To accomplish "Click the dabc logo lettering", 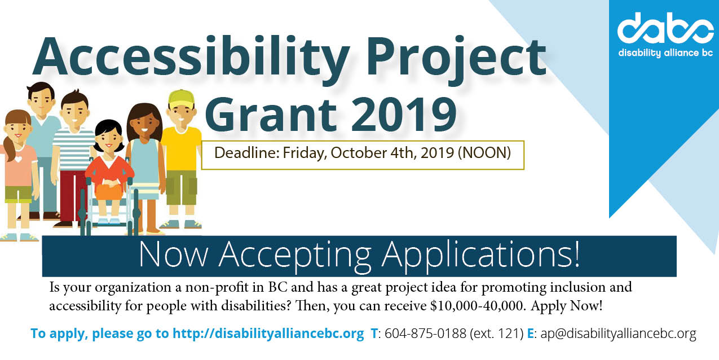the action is [665, 28].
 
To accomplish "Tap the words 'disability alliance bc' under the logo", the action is [665, 53].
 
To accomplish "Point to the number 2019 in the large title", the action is [404, 115].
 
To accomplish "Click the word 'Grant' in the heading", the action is [271, 115].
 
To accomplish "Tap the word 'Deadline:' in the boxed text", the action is [247, 153].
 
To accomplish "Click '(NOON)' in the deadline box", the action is [484, 153].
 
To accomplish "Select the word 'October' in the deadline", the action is [359, 153].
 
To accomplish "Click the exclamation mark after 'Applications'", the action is [576, 254].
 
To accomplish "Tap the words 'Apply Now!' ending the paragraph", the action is [567, 306].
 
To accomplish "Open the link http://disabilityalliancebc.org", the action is [268, 333].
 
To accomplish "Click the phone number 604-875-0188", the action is [425, 333].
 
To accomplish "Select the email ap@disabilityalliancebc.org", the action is [618, 333].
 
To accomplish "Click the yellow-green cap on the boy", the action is [182, 99].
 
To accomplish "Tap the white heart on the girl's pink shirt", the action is [19, 159].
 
